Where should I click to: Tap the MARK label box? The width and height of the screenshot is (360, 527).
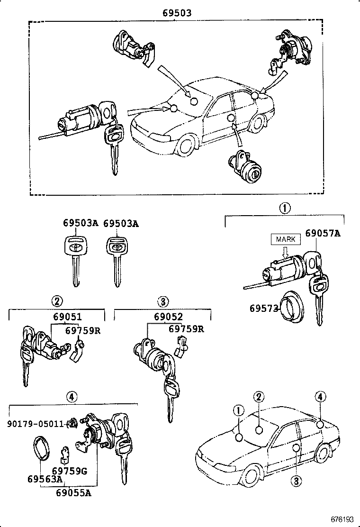pos(286,239)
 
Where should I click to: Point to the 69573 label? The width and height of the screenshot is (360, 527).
pos(263,308)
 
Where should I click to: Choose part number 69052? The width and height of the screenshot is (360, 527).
pos(168,317)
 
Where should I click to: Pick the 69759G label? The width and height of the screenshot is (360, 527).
pos(70,471)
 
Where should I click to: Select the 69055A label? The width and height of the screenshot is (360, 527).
pos(73,493)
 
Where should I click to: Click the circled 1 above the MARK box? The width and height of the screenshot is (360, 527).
pos(285,208)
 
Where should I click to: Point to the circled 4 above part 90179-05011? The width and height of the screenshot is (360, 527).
pos(71,396)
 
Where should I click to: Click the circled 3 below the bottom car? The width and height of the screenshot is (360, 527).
pos(296,482)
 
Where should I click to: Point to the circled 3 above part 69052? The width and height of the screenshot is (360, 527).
pos(162,301)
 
